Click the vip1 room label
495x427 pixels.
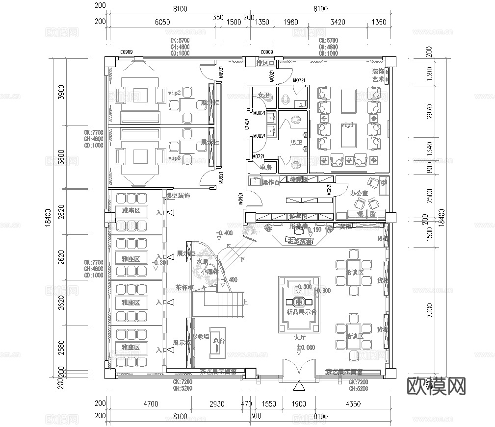coord(348,126)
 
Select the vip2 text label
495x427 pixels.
coord(175,92)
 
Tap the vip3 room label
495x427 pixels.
coord(175,158)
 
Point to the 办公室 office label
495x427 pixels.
coord(359,194)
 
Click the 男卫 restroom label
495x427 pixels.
coord(296,143)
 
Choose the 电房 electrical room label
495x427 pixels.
coord(265,168)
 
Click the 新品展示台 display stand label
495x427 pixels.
coord(301,312)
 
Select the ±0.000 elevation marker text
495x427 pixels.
coord(299,348)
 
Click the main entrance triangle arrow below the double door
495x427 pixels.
coord(298,387)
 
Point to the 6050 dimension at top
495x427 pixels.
coord(162,22)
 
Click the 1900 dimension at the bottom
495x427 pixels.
coord(299,404)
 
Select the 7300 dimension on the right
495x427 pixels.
coord(430,309)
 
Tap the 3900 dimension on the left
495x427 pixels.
coord(61,92)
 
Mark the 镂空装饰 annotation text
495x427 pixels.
coord(178,195)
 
